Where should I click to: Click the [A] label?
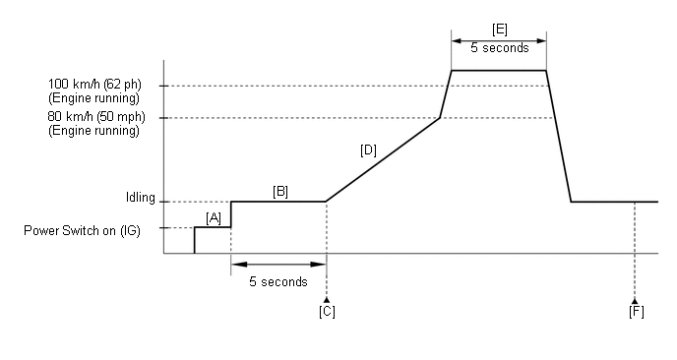(x=214, y=216)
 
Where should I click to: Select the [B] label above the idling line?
(x=279, y=191)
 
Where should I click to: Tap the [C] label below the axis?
(x=327, y=312)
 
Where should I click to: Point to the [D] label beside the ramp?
(x=368, y=150)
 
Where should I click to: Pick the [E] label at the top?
(x=499, y=30)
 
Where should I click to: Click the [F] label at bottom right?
(x=636, y=312)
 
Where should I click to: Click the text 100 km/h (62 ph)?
(x=91, y=86)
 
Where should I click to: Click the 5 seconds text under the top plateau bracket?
(x=499, y=47)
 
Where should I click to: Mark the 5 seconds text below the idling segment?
(x=277, y=281)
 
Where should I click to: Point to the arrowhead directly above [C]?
(x=326, y=298)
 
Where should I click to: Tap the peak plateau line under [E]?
(x=498, y=71)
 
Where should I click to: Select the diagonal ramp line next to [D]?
(x=384, y=159)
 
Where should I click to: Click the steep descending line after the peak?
(x=559, y=138)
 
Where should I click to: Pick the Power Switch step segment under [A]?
(x=213, y=227)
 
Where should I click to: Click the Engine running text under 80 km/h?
(x=93, y=131)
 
